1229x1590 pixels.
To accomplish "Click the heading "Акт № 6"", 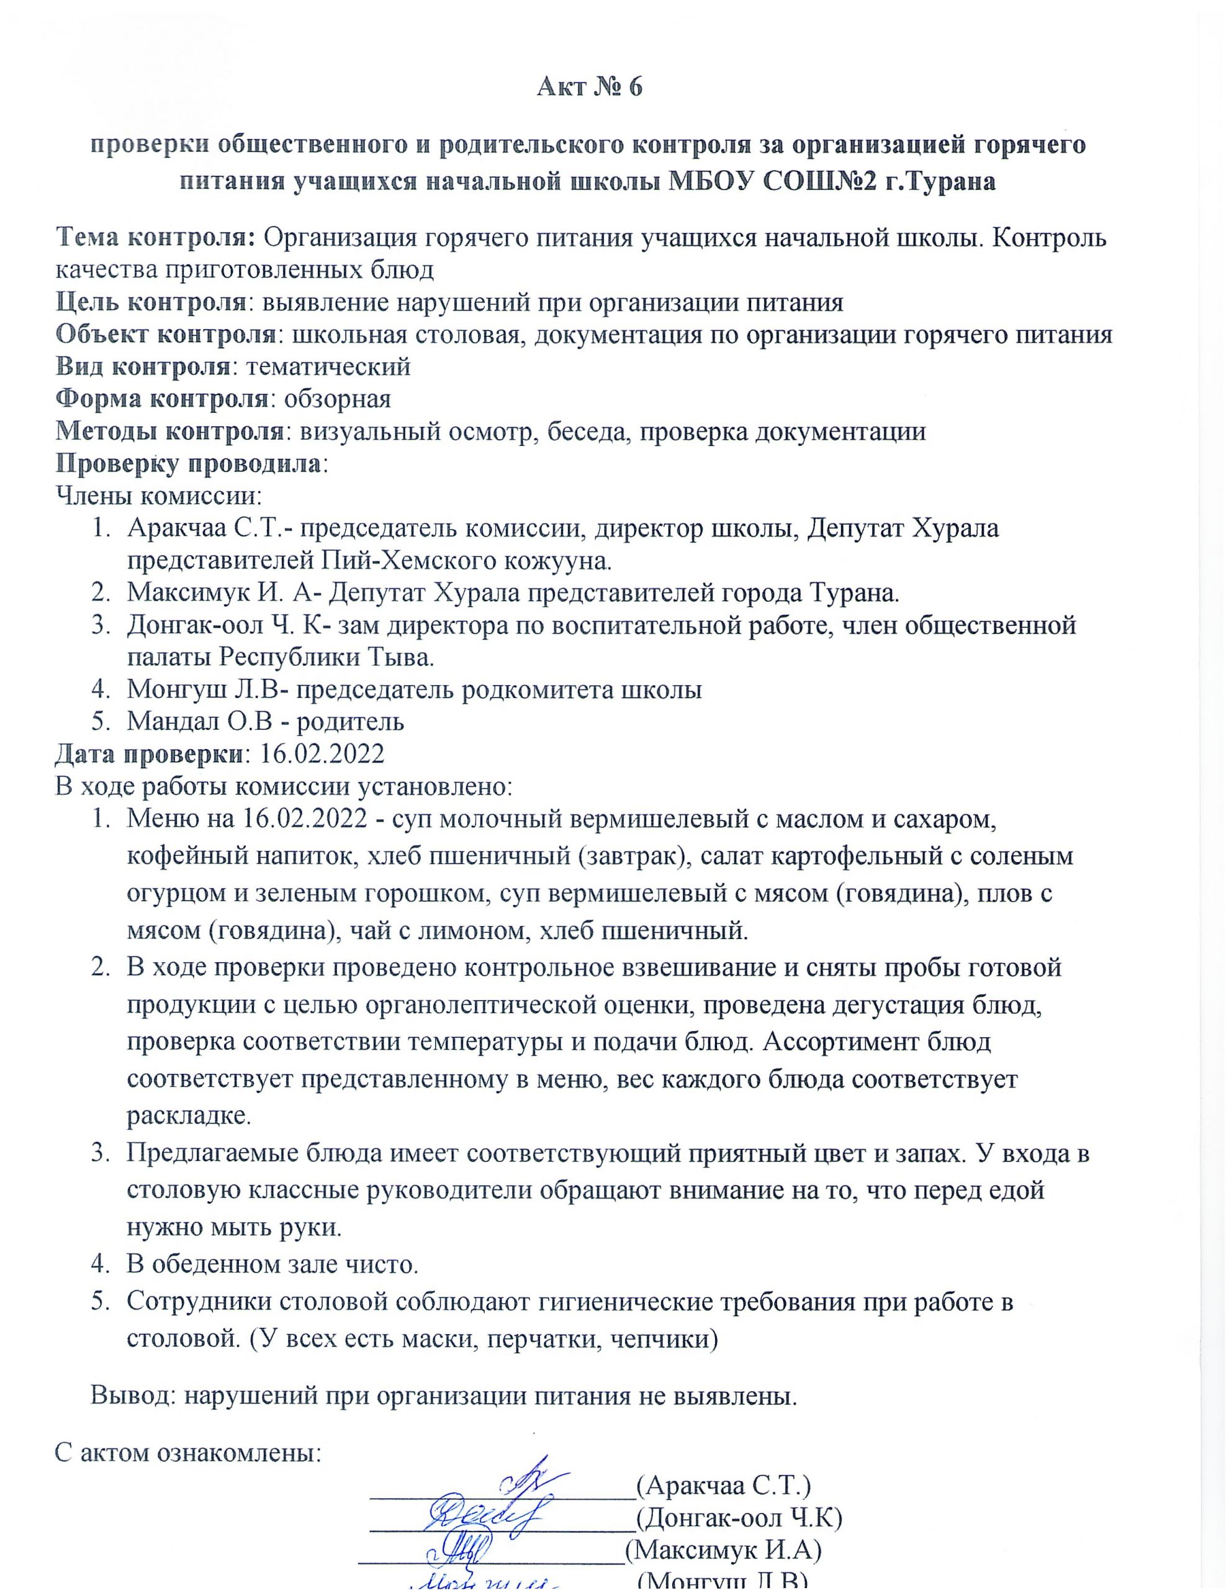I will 590,88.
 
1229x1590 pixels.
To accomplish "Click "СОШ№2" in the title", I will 816,181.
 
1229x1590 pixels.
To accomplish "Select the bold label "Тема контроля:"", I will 156,237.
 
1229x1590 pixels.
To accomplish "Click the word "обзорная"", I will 338,399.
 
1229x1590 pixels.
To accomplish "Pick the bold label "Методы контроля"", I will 169,432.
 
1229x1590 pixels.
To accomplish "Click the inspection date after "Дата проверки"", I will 322,753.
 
